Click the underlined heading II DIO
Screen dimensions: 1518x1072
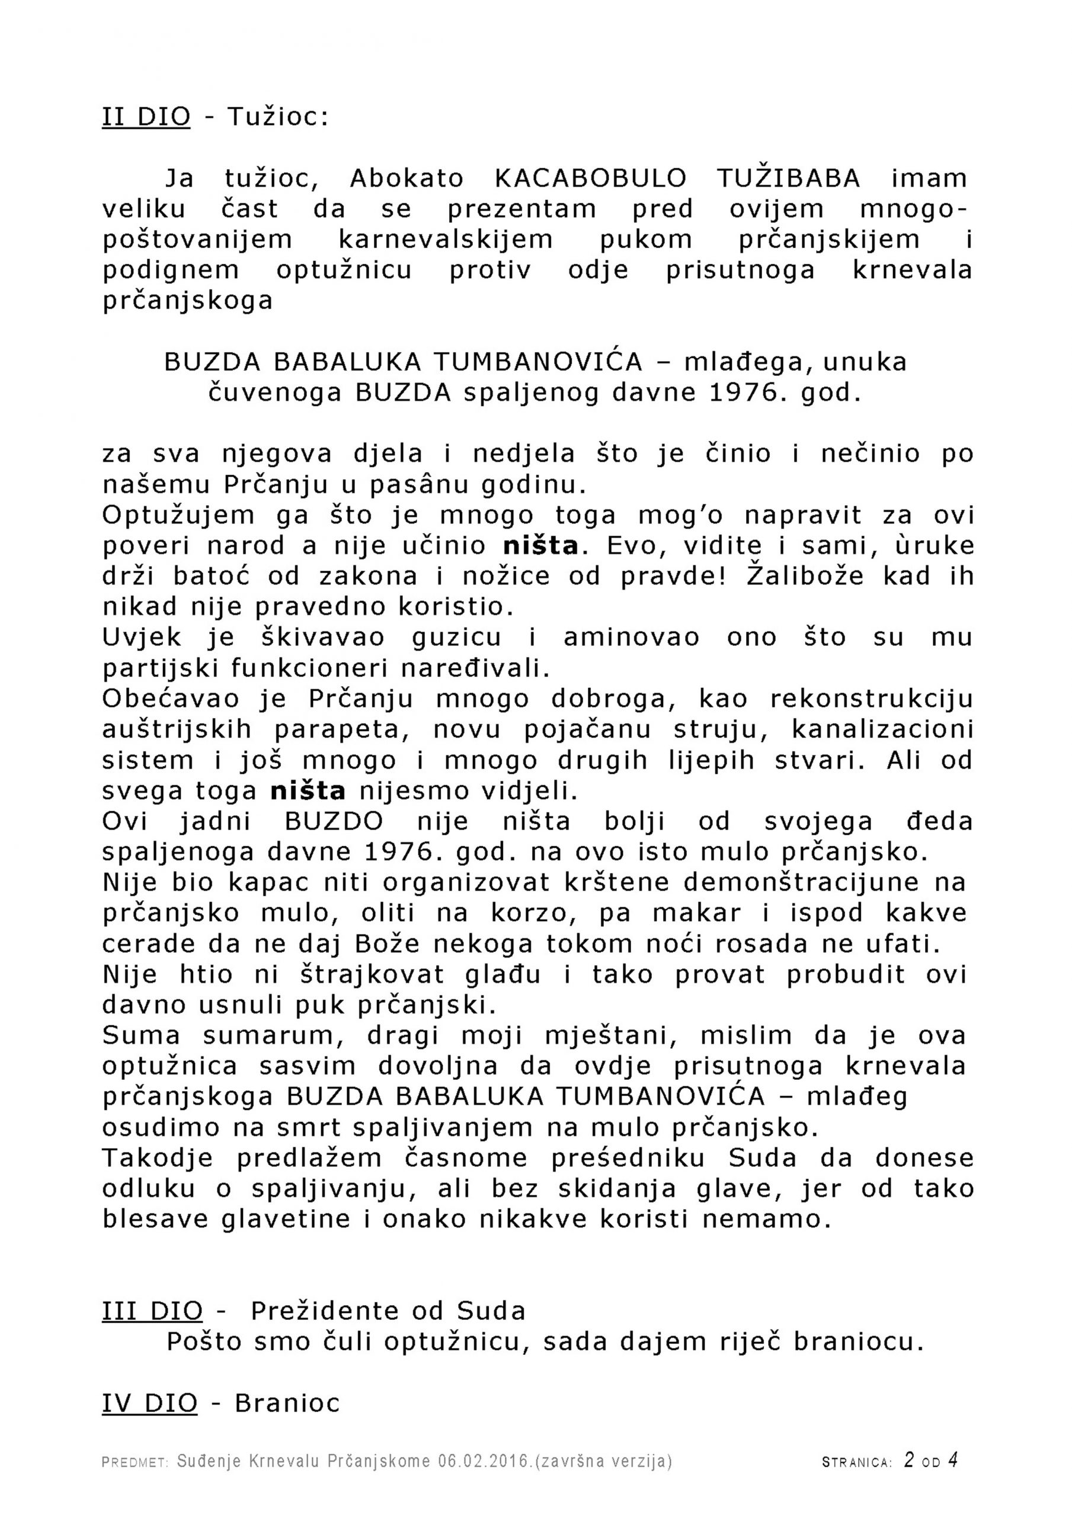tap(146, 117)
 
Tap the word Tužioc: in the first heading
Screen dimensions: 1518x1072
tap(277, 117)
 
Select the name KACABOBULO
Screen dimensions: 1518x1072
tap(591, 178)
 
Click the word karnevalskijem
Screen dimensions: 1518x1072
tap(446, 240)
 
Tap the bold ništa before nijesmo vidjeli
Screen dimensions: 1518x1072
tap(308, 791)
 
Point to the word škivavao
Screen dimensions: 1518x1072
tap(319, 637)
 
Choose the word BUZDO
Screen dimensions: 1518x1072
tap(334, 822)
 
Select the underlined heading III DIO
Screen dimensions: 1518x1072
tap(153, 1311)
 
